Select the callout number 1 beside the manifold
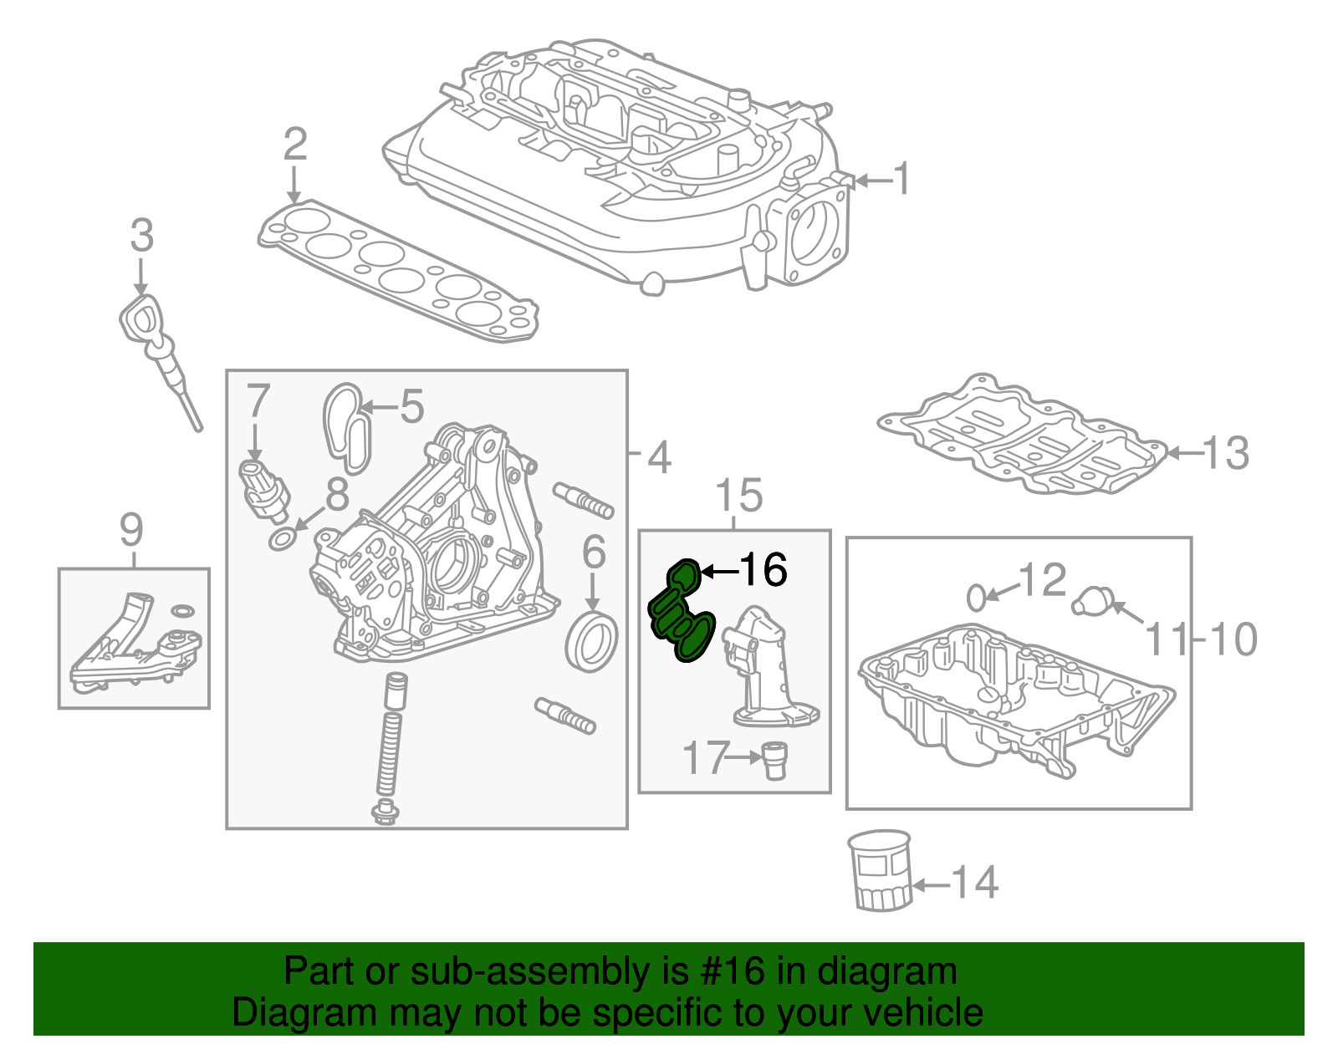pyautogui.click(x=901, y=179)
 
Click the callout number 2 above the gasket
pyautogui.click(x=294, y=145)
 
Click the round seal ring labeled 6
pyautogui.click(x=592, y=641)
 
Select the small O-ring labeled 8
pyautogui.click(x=283, y=541)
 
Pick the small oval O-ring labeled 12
pyautogui.click(x=975, y=598)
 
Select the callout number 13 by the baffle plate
pyautogui.click(x=1226, y=454)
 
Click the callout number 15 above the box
pyautogui.click(x=739, y=496)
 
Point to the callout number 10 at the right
pyautogui.click(x=1233, y=639)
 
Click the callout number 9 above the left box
pyautogui.click(x=132, y=529)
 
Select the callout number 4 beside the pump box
pyautogui.click(x=659, y=457)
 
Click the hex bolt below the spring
pyautogui.click(x=385, y=811)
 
